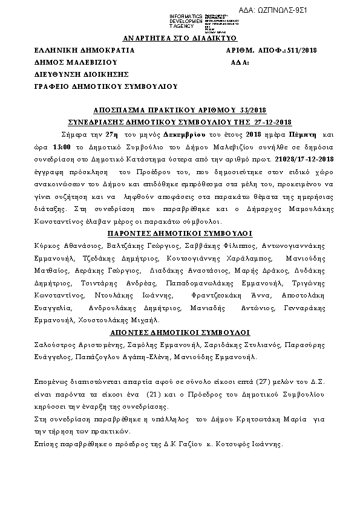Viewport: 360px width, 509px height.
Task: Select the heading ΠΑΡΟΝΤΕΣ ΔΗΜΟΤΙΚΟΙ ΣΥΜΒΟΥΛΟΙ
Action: [179, 233]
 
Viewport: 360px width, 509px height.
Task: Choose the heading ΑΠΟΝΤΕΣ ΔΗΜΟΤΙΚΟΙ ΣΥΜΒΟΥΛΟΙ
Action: [180, 332]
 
